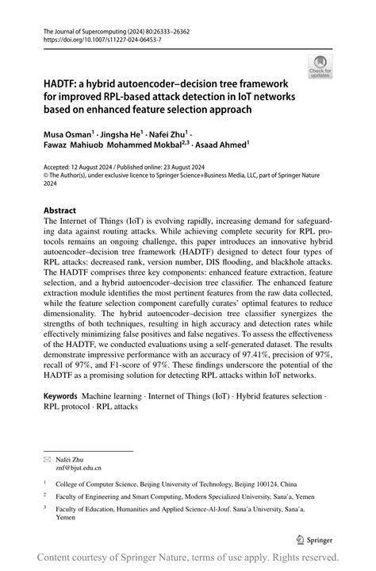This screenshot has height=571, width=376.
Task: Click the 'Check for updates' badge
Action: tap(320, 67)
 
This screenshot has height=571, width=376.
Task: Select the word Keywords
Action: tap(60, 395)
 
